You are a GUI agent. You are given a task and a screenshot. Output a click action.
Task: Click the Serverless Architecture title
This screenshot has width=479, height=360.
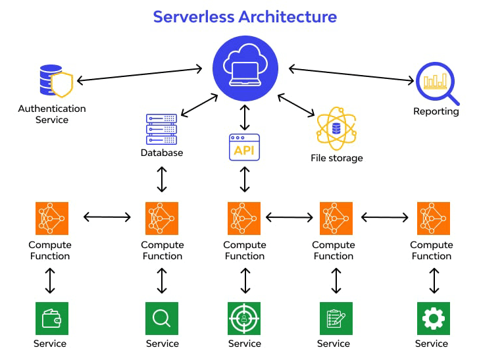click(x=245, y=16)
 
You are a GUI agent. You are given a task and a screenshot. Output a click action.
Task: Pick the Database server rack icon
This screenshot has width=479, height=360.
click(x=161, y=130)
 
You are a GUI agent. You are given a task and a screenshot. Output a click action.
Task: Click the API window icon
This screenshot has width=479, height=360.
click(x=244, y=147)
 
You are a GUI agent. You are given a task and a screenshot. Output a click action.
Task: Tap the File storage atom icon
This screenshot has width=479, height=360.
click(x=336, y=128)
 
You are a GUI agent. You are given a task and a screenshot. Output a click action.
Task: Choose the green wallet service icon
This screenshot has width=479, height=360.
click(x=51, y=319)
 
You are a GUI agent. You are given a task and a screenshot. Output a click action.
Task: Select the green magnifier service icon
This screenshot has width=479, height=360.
click(x=162, y=319)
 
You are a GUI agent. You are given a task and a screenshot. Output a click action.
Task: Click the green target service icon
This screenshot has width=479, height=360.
click(x=244, y=319)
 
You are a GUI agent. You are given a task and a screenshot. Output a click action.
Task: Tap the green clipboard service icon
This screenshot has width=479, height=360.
click(x=336, y=319)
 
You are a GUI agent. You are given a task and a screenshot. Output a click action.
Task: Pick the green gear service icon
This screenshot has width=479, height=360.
click(x=433, y=319)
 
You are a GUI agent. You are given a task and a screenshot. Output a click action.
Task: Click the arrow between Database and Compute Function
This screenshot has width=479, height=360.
click(x=162, y=179)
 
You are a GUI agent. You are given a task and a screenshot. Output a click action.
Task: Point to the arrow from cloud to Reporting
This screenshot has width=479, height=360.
click(x=351, y=74)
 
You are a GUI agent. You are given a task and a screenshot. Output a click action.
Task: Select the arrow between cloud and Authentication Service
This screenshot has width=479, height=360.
click(x=139, y=74)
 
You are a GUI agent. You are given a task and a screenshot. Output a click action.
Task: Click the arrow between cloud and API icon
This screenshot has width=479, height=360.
click(x=245, y=117)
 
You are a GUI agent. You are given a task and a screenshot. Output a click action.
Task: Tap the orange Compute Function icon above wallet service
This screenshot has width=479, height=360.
click(x=51, y=219)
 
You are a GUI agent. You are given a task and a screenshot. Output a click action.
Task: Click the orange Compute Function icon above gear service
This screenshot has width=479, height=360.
click(x=433, y=219)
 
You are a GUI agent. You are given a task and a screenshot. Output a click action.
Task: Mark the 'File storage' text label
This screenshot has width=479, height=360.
click(x=336, y=158)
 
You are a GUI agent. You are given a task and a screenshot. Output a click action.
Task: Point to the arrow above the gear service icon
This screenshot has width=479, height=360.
click(x=434, y=280)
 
